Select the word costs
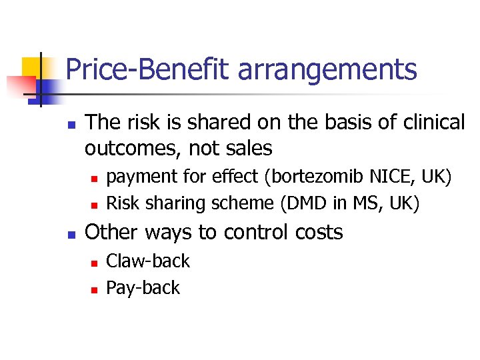318,233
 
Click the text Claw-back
148,261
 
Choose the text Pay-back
143,288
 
